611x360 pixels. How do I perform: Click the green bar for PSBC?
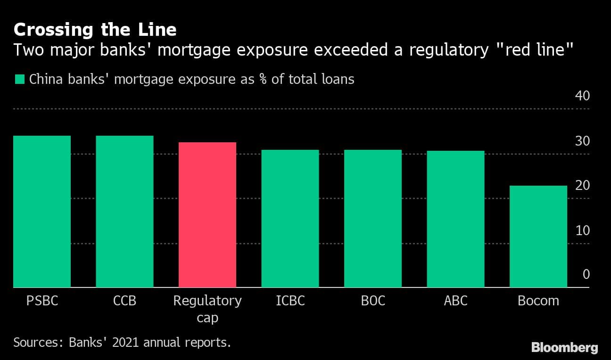(42, 212)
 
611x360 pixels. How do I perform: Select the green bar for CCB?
(124, 212)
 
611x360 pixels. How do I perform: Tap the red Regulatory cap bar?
(207, 215)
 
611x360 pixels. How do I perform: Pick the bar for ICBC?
(290, 219)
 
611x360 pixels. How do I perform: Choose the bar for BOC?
(373, 219)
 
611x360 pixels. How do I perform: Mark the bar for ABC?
(455, 219)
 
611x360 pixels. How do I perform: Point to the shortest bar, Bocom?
(538, 237)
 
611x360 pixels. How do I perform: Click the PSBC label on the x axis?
(42, 301)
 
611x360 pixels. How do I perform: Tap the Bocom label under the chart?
(538, 301)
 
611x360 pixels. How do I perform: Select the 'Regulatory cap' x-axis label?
(207, 309)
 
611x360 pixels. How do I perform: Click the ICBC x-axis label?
(290, 301)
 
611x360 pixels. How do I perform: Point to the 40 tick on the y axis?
(582, 96)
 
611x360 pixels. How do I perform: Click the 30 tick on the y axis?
(582, 141)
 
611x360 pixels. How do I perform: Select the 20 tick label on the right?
(582, 186)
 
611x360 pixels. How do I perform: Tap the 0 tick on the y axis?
(586, 274)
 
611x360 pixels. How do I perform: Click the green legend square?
(19, 79)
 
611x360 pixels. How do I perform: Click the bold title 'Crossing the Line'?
(95, 30)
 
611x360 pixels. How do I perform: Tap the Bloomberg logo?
(565, 348)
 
